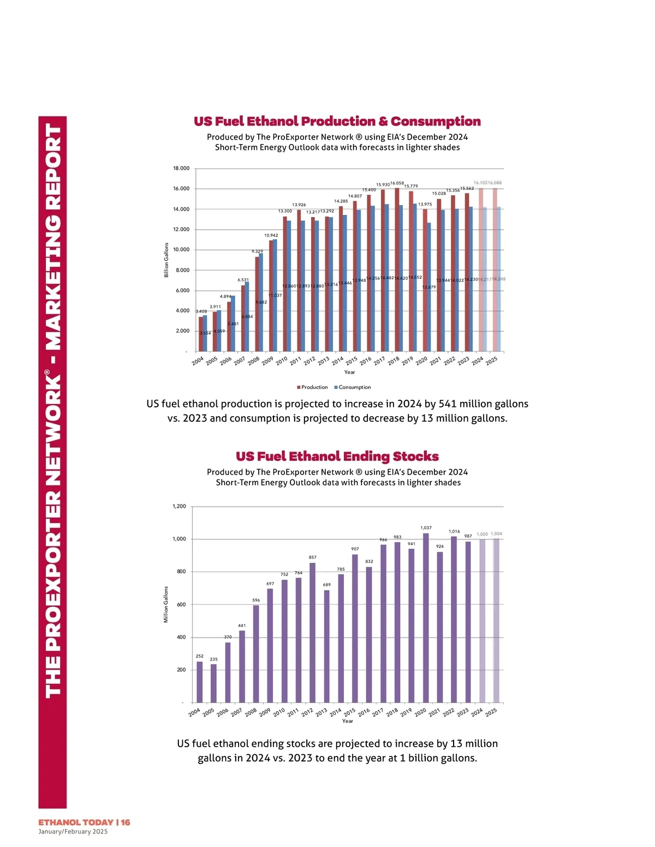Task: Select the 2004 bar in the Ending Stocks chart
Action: [x=200, y=682]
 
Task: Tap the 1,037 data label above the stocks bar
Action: [x=426, y=528]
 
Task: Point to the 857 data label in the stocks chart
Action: [x=313, y=557]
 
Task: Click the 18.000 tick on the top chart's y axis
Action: [x=181, y=169]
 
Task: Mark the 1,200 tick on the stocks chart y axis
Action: [x=180, y=506]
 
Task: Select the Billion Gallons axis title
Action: [x=166, y=260]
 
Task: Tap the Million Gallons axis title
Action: [x=166, y=605]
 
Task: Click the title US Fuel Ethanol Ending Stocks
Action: [x=337, y=456]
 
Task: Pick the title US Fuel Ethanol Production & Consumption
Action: [x=337, y=122]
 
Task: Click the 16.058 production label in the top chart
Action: [x=397, y=183]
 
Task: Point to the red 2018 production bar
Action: [x=397, y=270]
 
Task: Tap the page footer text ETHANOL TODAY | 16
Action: [x=84, y=822]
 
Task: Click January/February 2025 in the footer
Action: [x=73, y=832]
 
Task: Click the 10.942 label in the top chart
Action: [x=271, y=236]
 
